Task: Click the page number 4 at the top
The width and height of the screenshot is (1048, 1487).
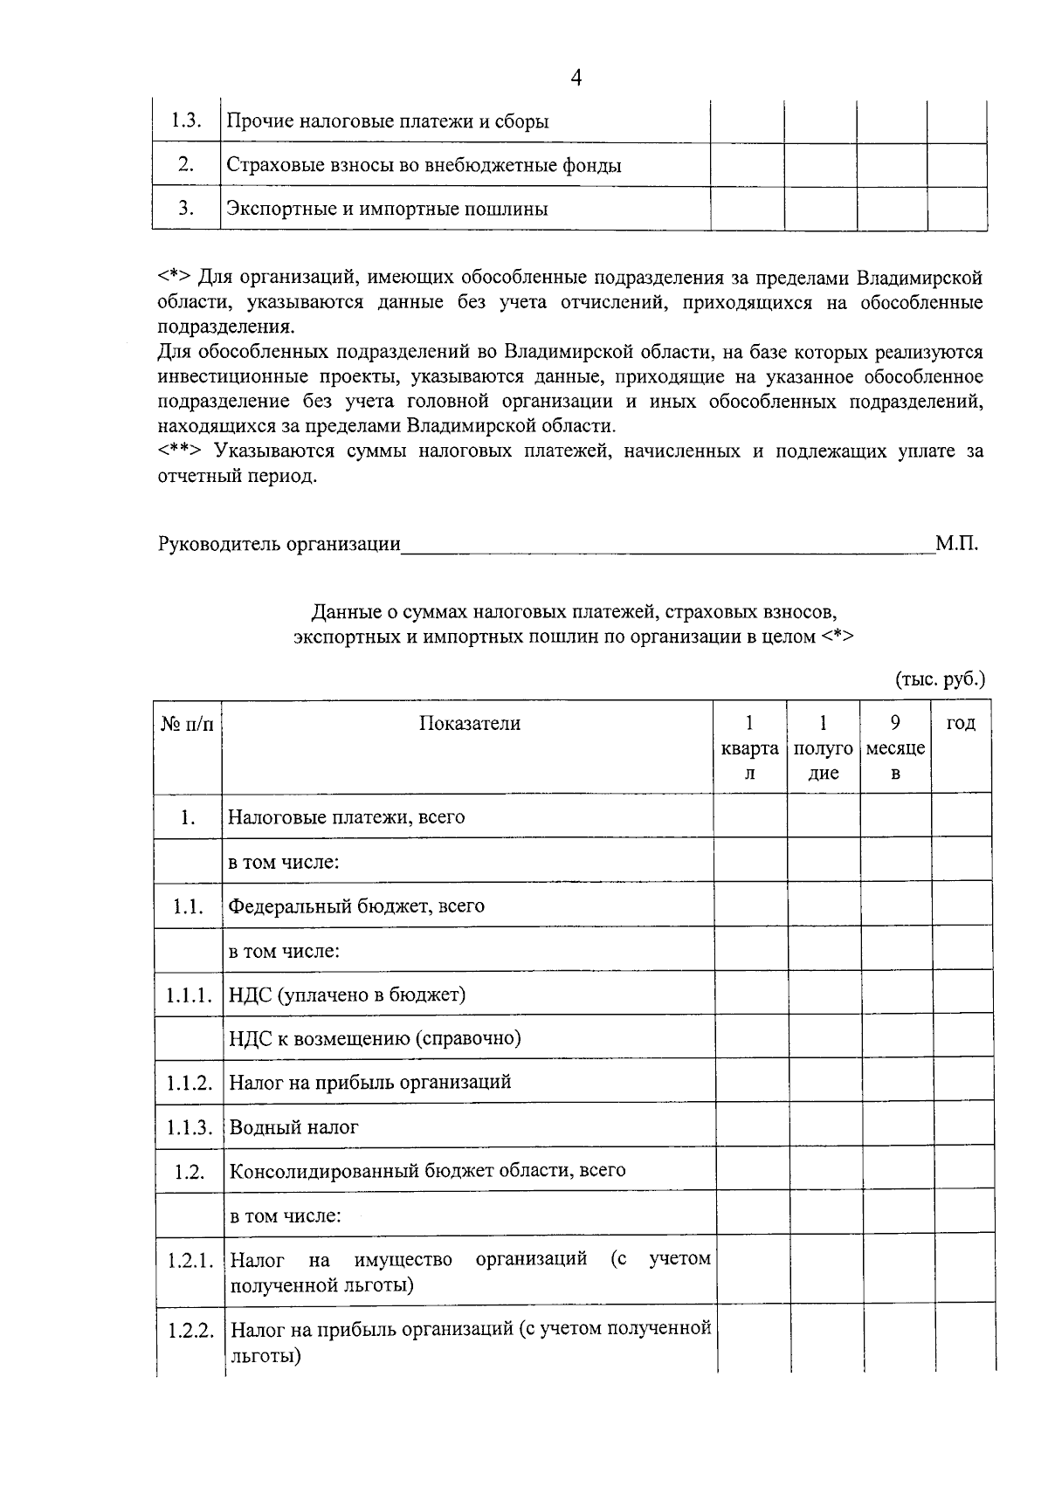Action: point(576,78)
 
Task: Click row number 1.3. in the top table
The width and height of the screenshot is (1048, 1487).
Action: point(186,120)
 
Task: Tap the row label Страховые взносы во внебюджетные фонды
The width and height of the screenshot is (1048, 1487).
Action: point(424,165)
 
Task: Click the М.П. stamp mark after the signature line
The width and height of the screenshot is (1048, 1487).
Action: point(956,544)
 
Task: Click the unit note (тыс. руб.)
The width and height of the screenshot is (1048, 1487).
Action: point(940,678)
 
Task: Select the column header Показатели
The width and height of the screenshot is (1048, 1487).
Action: point(469,723)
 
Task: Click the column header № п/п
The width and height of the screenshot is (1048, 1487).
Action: point(187,724)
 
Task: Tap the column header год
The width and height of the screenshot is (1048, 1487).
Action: point(961,723)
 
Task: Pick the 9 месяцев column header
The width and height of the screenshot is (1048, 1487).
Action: point(895,747)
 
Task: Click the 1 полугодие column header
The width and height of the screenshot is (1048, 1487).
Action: point(823,747)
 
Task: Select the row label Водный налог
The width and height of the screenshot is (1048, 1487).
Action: point(293,1126)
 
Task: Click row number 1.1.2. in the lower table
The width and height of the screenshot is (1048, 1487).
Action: point(189,1083)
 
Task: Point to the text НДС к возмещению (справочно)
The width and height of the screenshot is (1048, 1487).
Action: point(375,1038)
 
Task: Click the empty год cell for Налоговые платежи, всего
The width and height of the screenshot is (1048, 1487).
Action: point(961,816)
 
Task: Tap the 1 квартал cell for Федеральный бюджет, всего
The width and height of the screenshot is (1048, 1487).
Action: point(749,905)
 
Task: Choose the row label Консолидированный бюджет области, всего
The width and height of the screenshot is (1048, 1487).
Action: point(427,1170)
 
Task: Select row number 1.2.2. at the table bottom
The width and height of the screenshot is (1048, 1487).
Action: point(190,1332)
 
